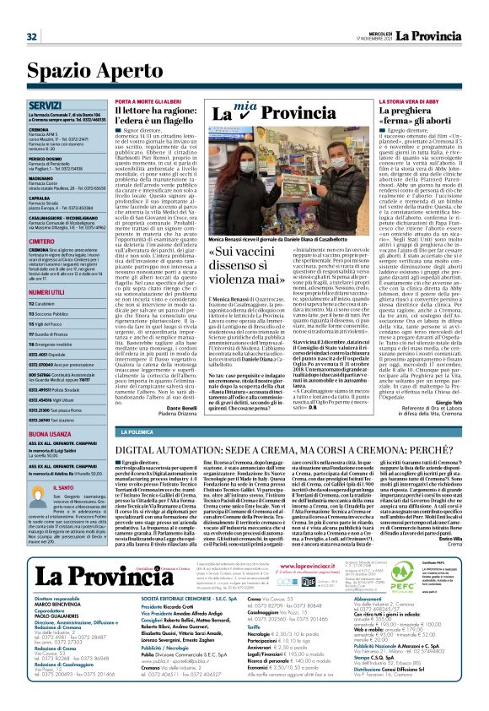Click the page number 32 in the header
click(31, 36)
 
